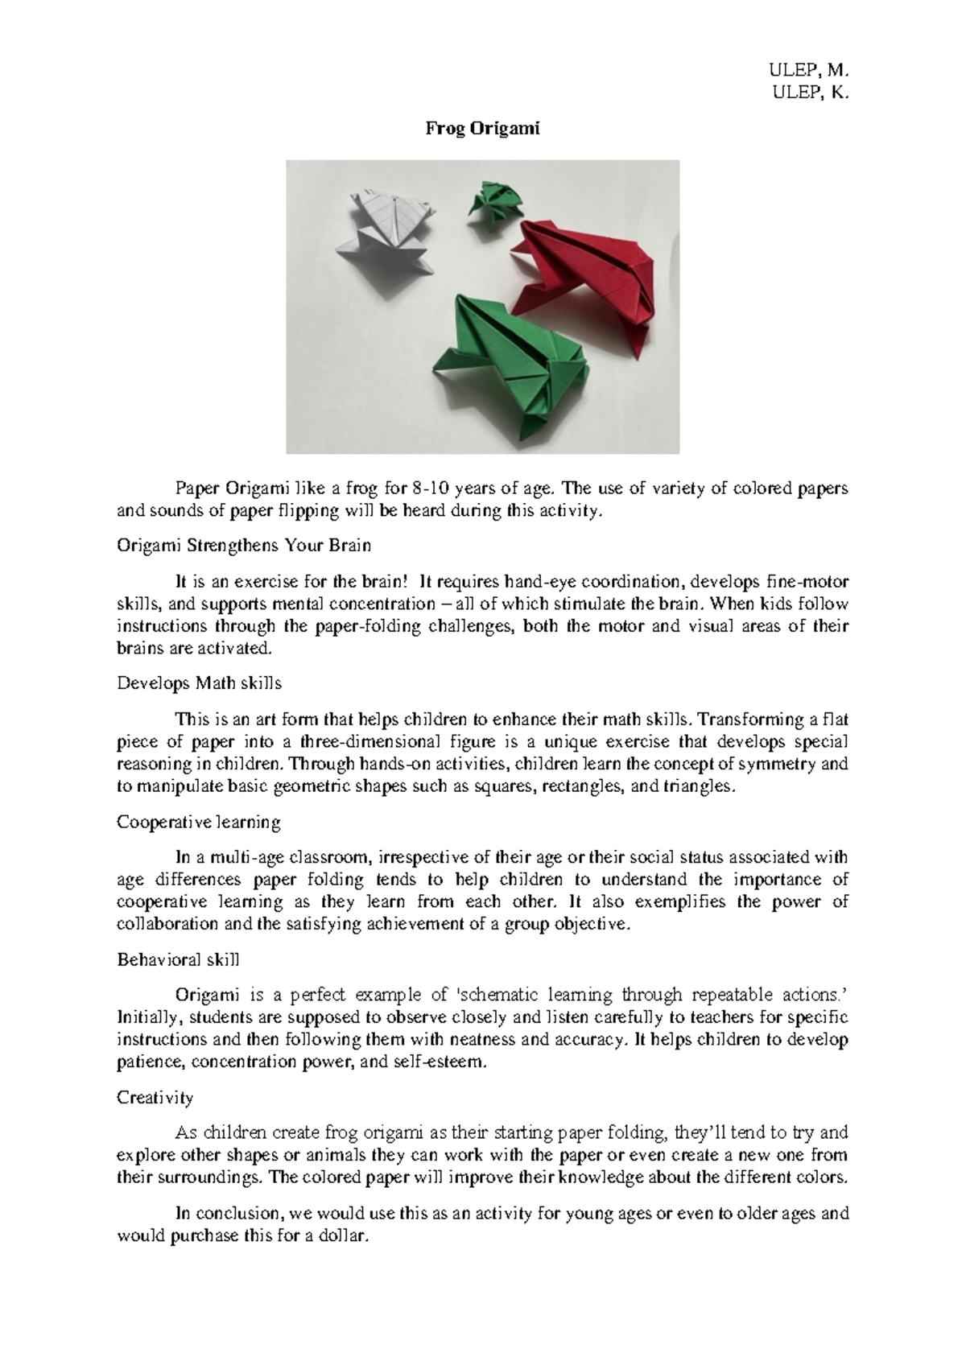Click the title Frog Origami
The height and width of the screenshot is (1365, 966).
[x=482, y=130]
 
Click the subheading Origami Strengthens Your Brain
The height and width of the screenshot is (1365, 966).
[x=244, y=546]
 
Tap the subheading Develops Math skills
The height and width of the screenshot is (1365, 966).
[x=199, y=683]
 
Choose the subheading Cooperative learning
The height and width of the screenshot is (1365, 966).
[x=198, y=823]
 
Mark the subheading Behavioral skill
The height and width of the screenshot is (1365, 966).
[x=178, y=960]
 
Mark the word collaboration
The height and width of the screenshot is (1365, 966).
[x=167, y=924]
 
